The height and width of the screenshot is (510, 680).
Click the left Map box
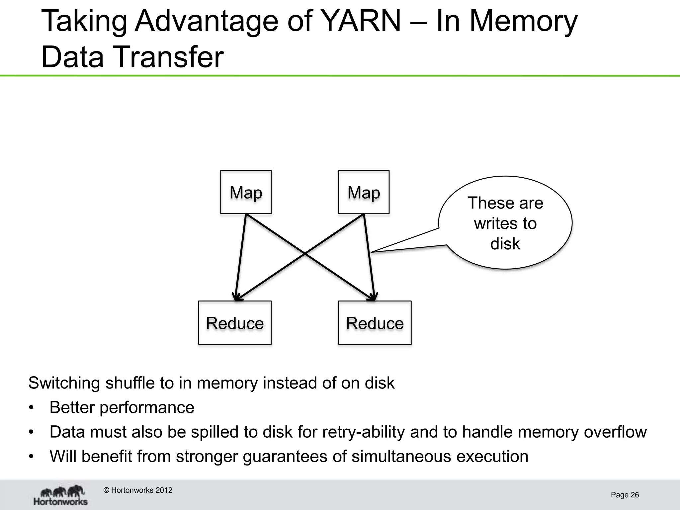246,192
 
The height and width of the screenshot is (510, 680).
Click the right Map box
364,192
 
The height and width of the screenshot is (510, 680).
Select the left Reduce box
235,323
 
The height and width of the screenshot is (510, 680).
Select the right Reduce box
375,323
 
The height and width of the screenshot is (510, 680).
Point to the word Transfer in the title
169,57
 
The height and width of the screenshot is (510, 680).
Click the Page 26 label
625,495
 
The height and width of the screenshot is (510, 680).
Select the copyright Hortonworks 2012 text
138,490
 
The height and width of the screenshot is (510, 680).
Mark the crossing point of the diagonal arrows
305,254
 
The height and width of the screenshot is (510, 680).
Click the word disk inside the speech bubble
505,244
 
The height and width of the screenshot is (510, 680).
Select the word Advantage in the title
206,21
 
